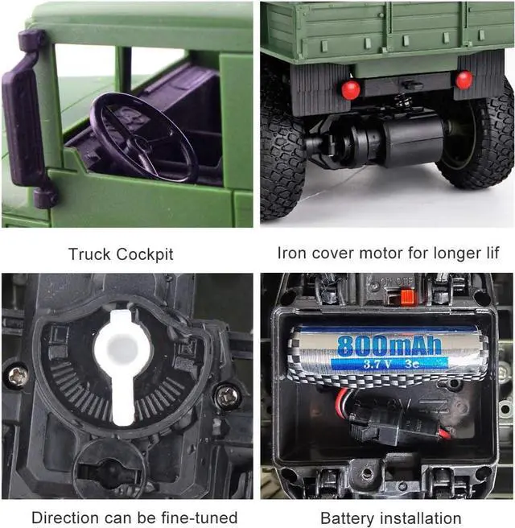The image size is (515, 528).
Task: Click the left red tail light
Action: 350,89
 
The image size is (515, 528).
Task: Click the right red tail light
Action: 463,80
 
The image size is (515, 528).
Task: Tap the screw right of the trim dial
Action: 228,394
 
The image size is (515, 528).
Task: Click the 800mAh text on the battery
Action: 389,346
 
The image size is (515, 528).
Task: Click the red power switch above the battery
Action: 407,297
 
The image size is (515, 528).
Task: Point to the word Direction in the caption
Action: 61,517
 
